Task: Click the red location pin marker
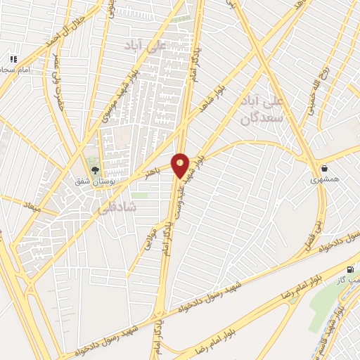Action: tap(180, 165)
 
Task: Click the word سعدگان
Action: tap(256, 118)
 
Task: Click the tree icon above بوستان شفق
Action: tap(96, 170)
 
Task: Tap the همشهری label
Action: tap(326, 180)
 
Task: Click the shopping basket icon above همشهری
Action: tap(325, 169)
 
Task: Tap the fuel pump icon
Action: tap(350, 269)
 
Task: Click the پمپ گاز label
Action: tap(349, 281)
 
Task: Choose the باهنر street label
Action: tap(153, 173)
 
